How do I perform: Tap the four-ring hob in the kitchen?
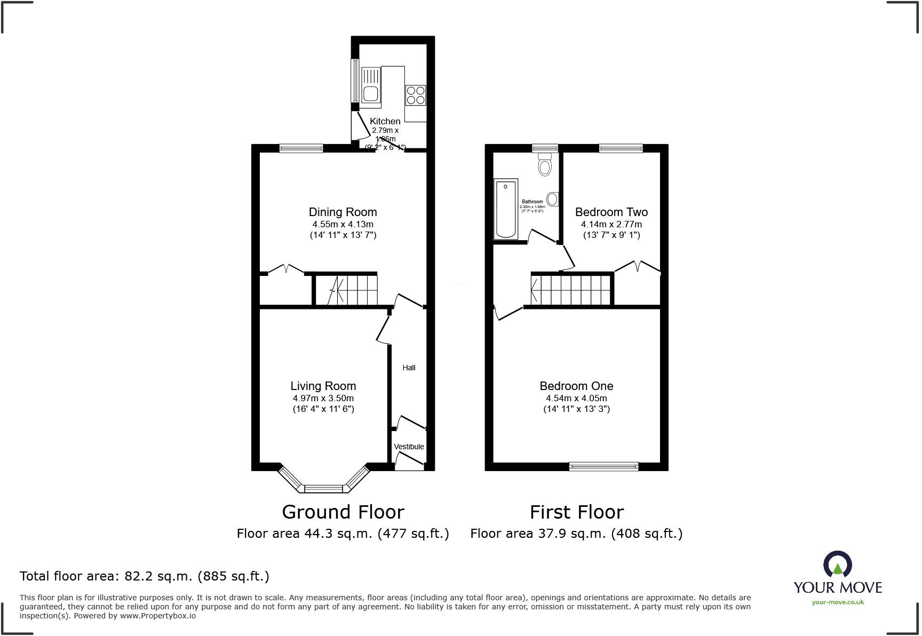[416, 95]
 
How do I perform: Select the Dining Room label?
[343, 212]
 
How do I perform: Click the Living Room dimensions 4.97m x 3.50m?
[323, 398]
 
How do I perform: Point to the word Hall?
[409, 368]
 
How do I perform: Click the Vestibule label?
[409, 447]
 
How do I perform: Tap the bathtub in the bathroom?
[506, 209]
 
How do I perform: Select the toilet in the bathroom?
[544, 164]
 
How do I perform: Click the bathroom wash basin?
[553, 200]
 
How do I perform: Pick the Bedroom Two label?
[611, 212]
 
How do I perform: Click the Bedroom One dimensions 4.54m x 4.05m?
[576, 398]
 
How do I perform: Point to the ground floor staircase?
[346, 290]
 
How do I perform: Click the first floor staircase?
[571, 290]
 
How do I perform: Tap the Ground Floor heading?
[343, 512]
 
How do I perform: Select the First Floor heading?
[576, 512]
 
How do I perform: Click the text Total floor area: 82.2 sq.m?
[144, 576]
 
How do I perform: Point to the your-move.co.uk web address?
[838, 602]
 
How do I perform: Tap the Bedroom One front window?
[603, 466]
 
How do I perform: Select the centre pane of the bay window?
[323, 488]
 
